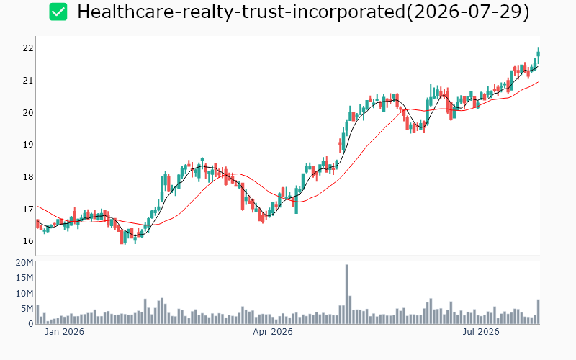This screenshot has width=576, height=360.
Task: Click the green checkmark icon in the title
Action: point(58,12)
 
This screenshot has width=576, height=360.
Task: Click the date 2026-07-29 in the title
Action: point(467,12)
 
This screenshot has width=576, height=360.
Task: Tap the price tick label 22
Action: point(28,48)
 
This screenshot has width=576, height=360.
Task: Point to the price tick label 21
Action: point(28,81)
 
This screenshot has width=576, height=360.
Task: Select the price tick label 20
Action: point(28,113)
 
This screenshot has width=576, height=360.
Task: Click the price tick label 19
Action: point(28,145)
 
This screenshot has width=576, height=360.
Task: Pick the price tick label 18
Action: point(28,177)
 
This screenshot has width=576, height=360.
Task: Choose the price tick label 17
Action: point(28,210)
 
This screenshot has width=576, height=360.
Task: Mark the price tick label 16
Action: point(28,241)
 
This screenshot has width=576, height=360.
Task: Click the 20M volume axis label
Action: point(24,263)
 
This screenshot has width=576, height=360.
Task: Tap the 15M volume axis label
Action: point(24,278)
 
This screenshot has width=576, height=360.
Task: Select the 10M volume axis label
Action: point(24,294)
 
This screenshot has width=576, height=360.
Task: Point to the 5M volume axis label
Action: point(27,309)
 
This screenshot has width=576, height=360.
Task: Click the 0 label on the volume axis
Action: point(31,323)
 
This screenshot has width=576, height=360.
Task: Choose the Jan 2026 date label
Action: point(64,332)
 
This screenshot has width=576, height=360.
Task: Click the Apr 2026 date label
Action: point(273,332)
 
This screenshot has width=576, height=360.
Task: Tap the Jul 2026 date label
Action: point(481,332)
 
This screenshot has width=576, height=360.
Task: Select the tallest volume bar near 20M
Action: point(346,294)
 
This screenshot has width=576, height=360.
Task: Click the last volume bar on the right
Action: point(538,312)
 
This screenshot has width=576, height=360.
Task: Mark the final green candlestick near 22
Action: point(539,54)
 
